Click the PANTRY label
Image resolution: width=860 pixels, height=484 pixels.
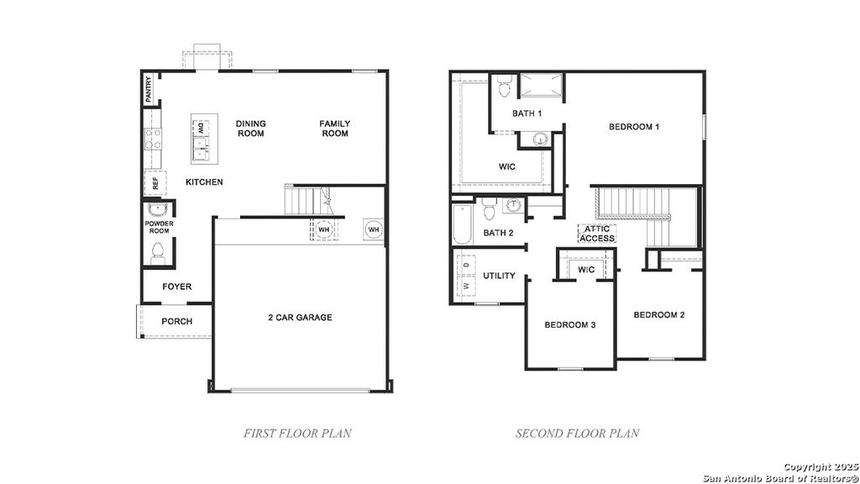click(149, 90)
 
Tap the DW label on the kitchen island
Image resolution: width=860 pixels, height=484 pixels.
click(202, 128)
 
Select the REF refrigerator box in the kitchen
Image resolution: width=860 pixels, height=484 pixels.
click(155, 182)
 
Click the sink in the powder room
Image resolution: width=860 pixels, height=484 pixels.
click(156, 209)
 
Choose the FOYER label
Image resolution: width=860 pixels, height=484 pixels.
click(176, 287)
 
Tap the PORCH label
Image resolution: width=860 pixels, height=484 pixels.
click(176, 321)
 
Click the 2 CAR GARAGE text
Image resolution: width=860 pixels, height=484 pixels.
click(300, 318)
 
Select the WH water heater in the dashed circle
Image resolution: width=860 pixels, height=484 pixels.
click(324, 229)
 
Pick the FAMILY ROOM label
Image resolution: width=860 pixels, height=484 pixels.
click(334, 129)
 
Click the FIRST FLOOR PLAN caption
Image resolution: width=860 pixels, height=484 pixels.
click(297, 434)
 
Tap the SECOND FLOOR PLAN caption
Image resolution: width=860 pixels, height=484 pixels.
click(577, 434)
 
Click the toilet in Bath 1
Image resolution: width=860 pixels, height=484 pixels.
click(504, 87)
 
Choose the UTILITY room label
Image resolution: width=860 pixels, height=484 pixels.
click(499, 276)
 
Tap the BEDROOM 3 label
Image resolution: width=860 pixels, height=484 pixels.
click(569, 324)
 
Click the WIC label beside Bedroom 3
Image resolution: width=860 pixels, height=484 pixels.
click(586, 270)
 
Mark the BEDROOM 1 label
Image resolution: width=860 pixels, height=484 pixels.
click(634, 127)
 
